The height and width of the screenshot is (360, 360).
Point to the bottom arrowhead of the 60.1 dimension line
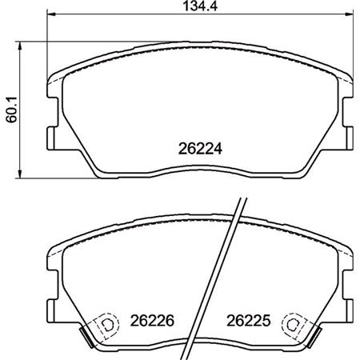[x=20, y=174]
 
